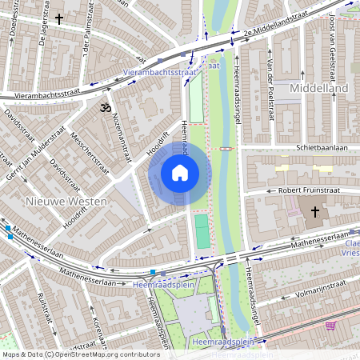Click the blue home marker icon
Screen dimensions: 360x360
click(x=180, y=173)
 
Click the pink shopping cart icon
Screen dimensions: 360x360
click(x=330, y=326)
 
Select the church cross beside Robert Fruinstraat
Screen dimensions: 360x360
click(x=315, y=212)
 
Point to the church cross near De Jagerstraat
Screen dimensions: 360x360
click(x=59, y=18)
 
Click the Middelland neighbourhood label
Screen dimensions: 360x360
click(x=319, y=87)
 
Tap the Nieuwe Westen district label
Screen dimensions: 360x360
click(x=65, y=202)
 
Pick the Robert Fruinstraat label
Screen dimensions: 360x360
click(x=309, y=190)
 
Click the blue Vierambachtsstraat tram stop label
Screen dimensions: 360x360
click(x=161, y=72)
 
